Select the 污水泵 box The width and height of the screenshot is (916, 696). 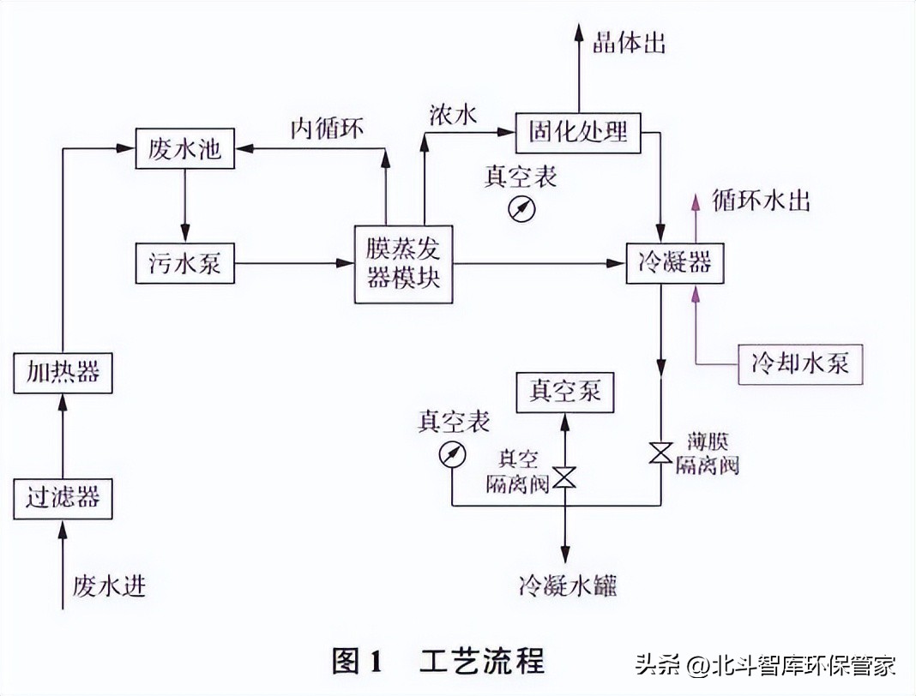point(184,262)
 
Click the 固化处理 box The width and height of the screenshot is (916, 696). point(579,132)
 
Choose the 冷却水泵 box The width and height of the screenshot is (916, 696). point(800,363)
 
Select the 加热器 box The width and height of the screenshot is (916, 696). point(63,372)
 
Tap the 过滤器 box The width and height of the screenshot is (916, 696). point(63,497)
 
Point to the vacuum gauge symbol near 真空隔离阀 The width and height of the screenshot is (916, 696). point(451,454)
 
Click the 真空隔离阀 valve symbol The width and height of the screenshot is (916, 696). point(564,477)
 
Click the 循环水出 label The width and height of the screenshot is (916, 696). point(761,201)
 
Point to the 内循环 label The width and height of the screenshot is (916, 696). point(327,129)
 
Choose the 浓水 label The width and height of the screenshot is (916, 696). point(453,116)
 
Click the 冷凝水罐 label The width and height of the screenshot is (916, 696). point(567,586)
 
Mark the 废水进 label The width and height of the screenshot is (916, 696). point(109,586)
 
